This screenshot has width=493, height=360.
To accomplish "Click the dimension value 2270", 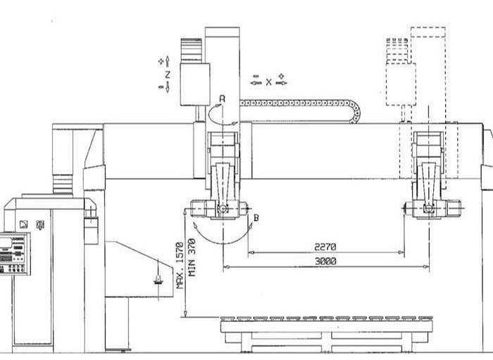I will tap(325, 247).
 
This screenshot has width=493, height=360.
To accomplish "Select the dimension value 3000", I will tap(325, 261).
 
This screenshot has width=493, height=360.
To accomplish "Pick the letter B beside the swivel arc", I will tap(256, 218).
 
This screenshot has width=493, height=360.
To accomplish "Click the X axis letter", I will tap(268, 82).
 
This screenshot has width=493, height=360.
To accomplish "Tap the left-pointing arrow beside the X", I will tap(255, 82).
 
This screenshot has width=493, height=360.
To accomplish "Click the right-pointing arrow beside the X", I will tap(282, 82).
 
